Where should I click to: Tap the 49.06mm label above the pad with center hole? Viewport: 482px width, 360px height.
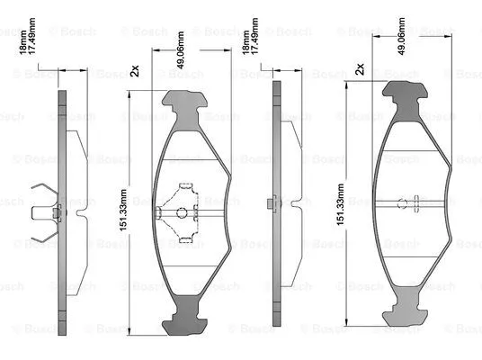coord(182,60)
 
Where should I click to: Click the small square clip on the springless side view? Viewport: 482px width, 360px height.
coord(271,207)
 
